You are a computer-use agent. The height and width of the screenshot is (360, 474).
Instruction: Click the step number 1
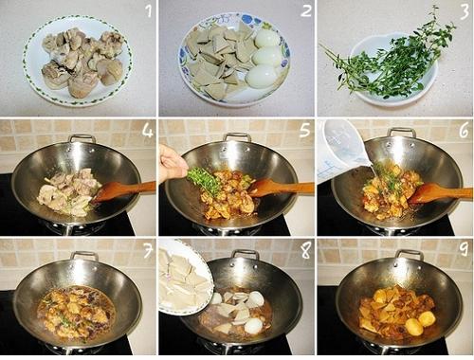pos(149,11)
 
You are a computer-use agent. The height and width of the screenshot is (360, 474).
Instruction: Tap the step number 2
pos(306,10)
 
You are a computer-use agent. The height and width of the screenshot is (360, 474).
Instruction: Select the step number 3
pos(464,11)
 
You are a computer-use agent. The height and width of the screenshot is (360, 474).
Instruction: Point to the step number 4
pos(148,130)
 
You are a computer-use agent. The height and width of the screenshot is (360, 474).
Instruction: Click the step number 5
pos(305,130)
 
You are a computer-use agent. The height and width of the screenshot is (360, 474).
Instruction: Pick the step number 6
pos(464,131)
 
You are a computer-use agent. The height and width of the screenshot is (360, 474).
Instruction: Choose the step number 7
pos(148,251)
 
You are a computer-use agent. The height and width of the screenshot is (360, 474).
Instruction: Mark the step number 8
pos(305,251)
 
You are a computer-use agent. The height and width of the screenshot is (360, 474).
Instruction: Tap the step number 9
pos(464,249)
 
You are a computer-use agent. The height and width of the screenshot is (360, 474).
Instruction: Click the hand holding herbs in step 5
pos(172,164)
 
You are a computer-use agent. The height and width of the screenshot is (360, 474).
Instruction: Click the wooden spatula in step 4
pos(123,190)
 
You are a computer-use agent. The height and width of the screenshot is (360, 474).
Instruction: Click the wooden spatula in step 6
pos(440,193)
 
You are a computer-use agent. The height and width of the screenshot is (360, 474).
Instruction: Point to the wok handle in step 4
pos(82,138)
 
